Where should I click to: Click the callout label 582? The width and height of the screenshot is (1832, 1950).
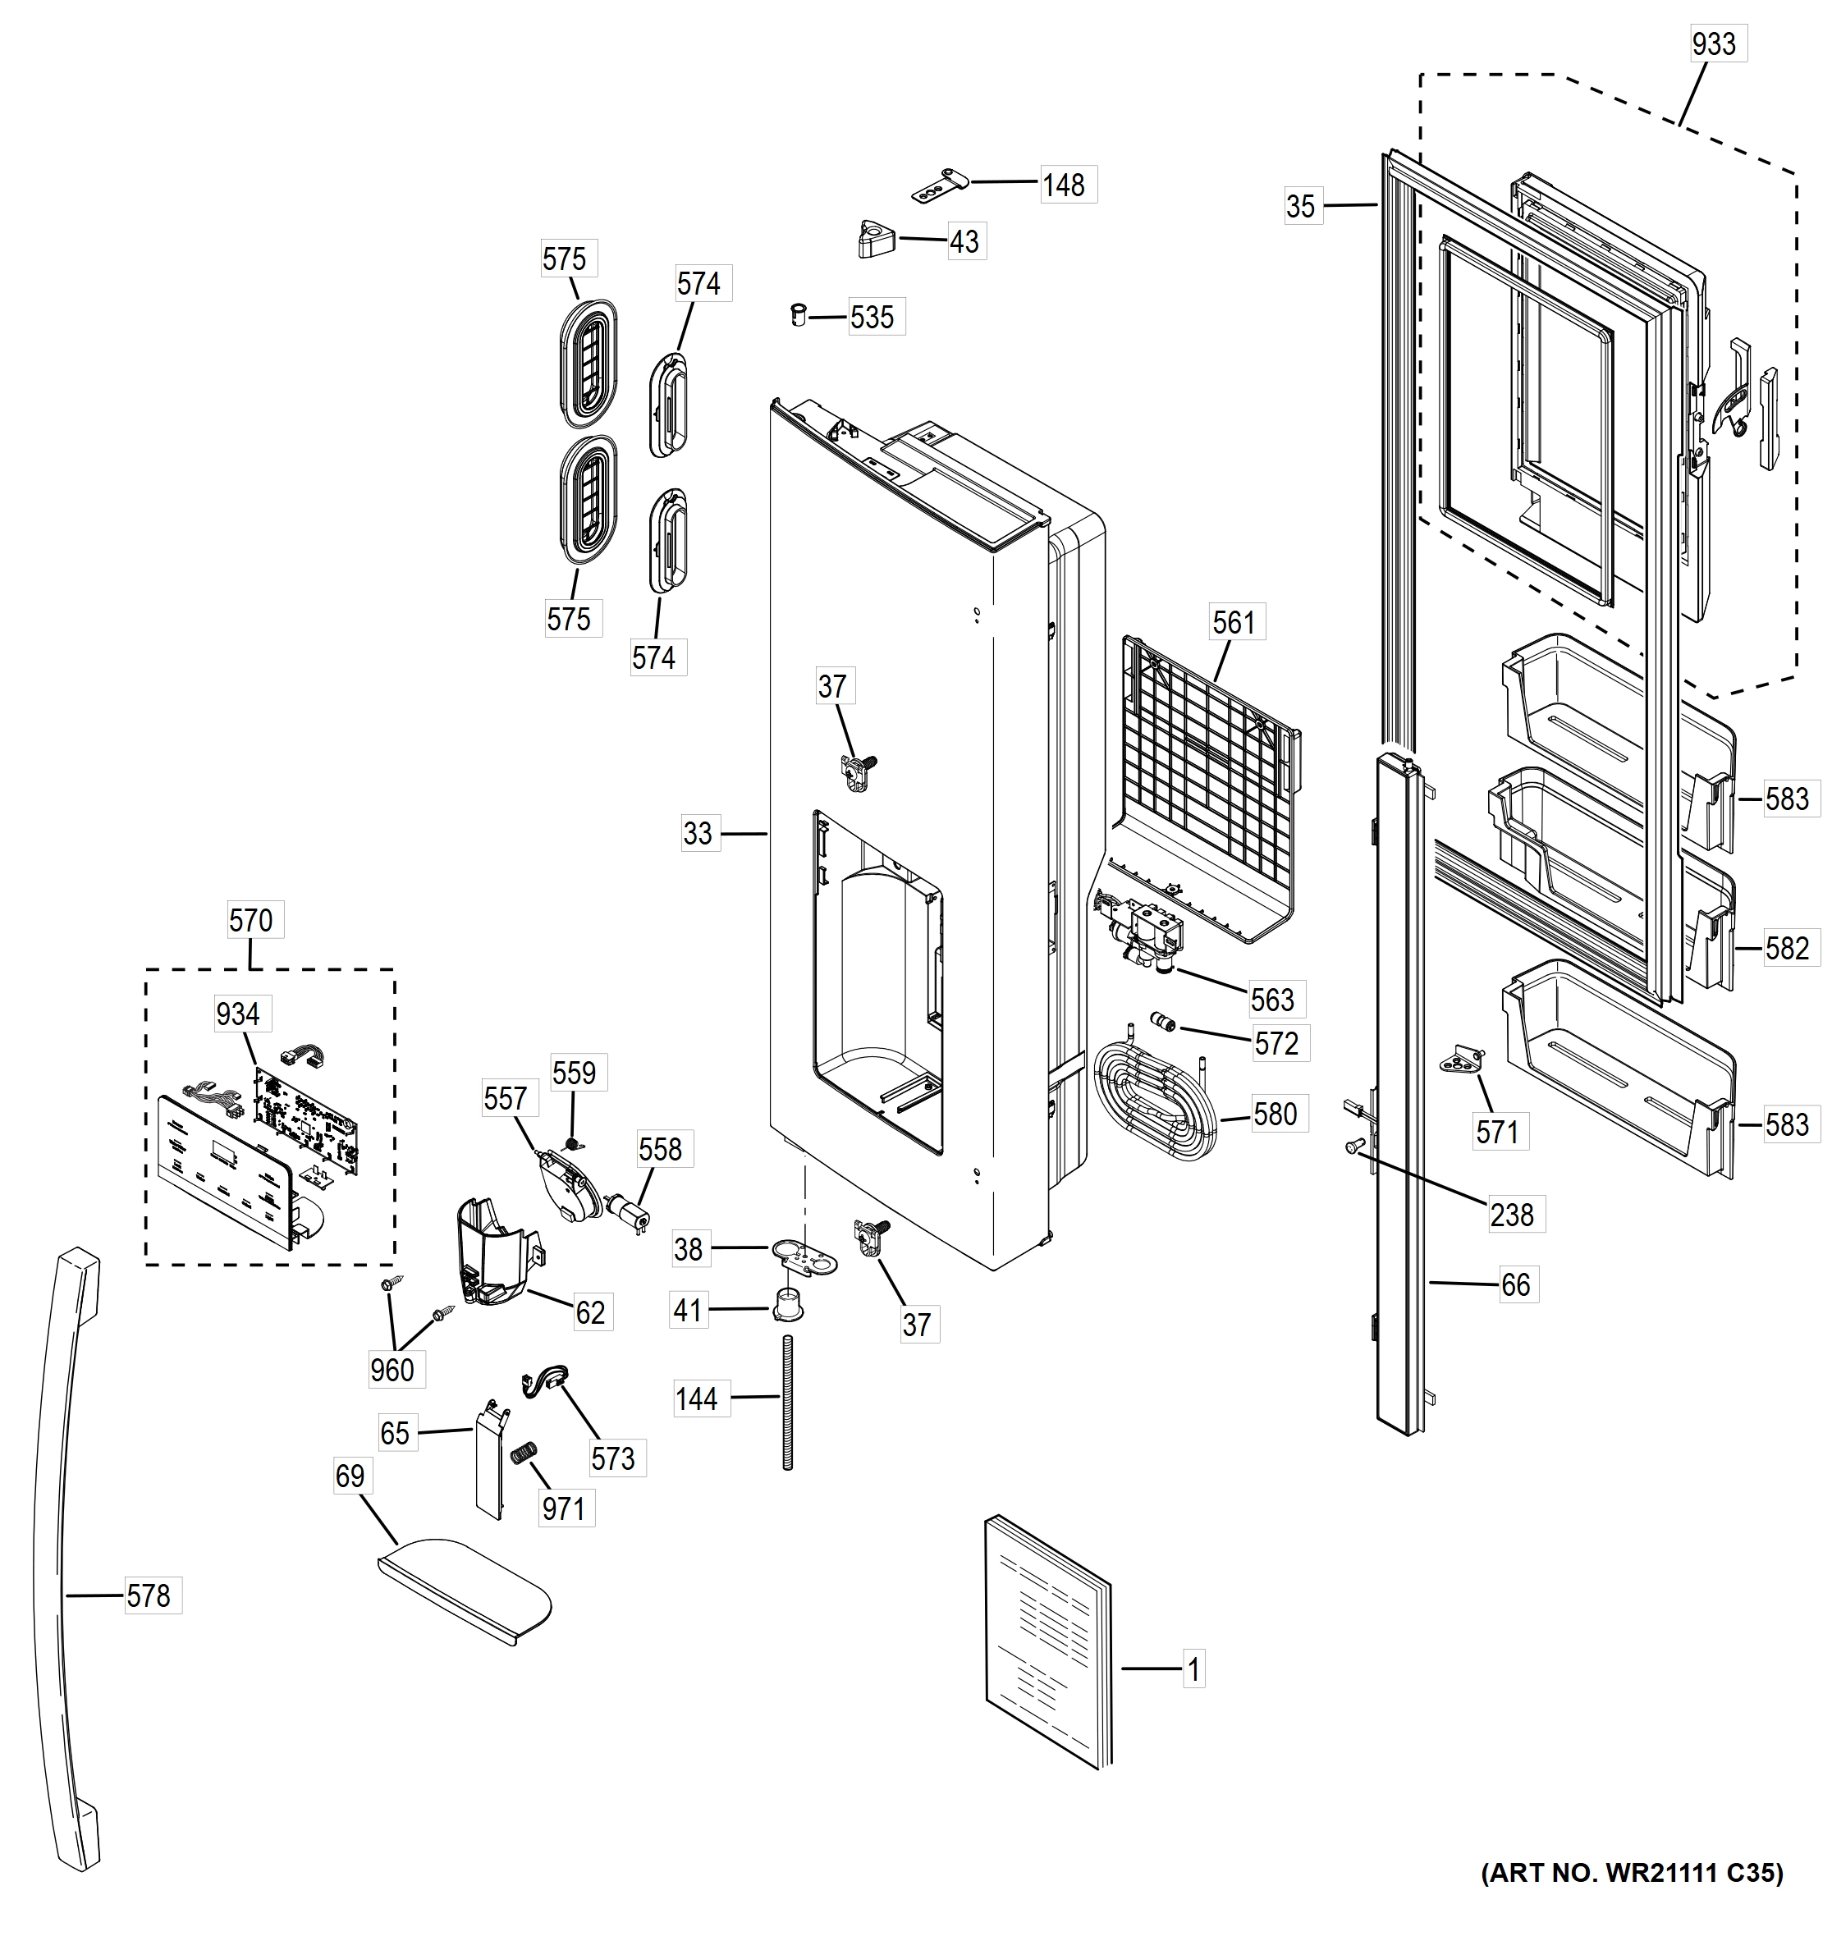pyautogui.click(x=1786, y=949)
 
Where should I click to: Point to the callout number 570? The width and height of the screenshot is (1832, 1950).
pyautogui.click(x=251, y=920)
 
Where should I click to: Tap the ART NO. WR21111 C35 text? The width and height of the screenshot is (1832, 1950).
pyautogui.click(x=1632, y=1874)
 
